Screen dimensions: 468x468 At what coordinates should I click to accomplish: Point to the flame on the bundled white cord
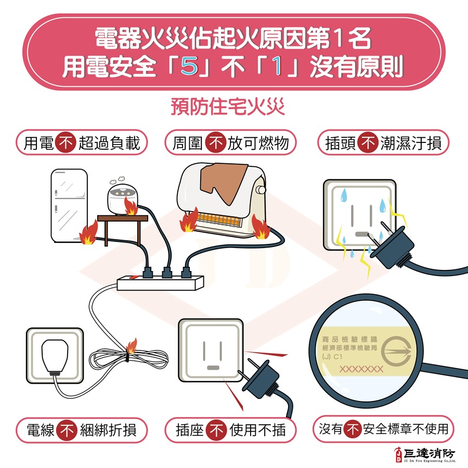click(132, 345)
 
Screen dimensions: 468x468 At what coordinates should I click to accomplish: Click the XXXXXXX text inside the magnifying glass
click(361, 369)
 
